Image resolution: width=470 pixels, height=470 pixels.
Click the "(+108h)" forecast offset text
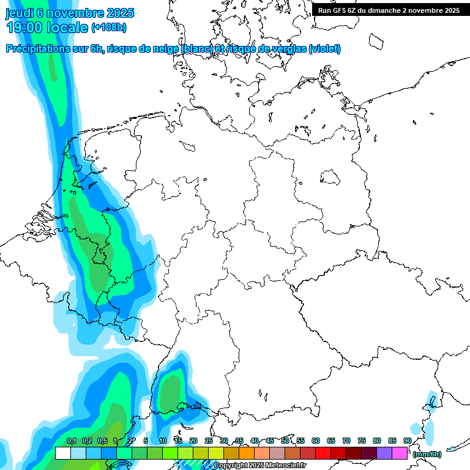point(109,28)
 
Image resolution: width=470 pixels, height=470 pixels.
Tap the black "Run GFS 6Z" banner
point(389,10)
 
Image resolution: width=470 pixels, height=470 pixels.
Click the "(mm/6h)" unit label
point(427,454)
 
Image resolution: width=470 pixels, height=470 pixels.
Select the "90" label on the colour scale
point(408,441)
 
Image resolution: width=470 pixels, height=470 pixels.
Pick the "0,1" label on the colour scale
point(71,441)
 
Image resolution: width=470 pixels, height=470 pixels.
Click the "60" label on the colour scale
point(316,441)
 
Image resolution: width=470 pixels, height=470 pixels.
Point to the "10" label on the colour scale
point(163,441)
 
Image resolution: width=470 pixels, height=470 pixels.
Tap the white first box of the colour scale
point(62,453)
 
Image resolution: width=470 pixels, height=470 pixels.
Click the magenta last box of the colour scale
point(399,453)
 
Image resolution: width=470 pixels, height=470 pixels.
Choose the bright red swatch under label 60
point(323,453)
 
